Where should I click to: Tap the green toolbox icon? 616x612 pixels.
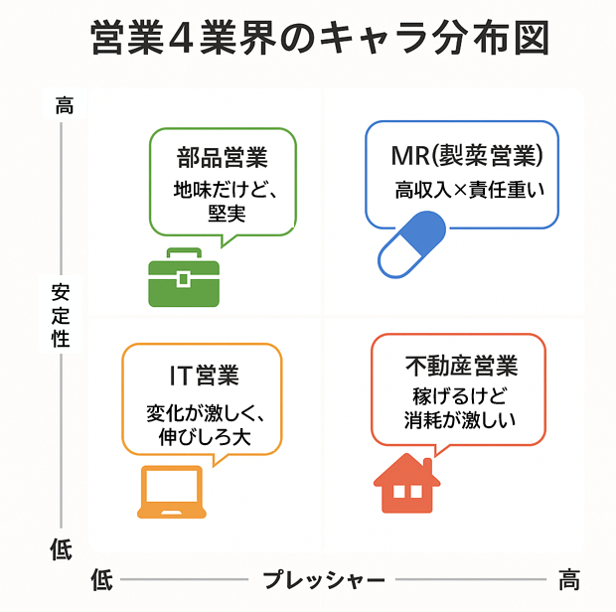tap(183, 277)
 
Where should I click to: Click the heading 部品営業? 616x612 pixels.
tap(223, 158)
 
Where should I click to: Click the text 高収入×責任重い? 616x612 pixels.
tap(471, 189)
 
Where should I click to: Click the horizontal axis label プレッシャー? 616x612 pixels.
tap(324, 579)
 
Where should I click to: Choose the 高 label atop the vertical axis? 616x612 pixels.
tap(63, 105)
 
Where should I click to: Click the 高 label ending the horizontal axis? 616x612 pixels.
tap(568, 578)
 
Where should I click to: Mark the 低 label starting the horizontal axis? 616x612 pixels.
tap(101, 579)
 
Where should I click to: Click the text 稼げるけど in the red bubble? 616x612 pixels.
tap(459, 394)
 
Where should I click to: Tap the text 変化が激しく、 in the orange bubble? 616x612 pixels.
tap(203, 412)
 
